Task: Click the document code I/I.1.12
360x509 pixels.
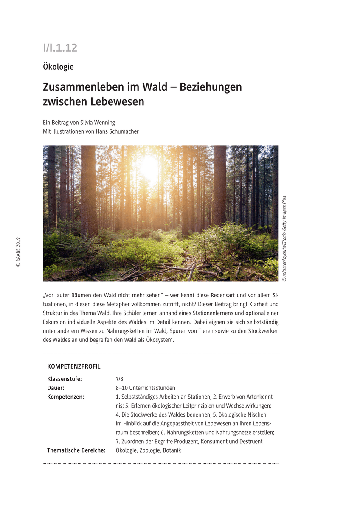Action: pos(60,48)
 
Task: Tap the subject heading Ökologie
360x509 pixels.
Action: pos(58,67)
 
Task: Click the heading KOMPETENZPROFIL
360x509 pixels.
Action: pos(74,366)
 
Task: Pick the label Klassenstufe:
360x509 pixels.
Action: pos(65,379)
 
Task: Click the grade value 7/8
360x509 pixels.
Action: pos(119,379)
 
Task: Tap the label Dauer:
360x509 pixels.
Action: pos(56,388)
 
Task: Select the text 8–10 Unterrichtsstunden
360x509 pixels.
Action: pos(145,388)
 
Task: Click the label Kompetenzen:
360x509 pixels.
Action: pos(65,397)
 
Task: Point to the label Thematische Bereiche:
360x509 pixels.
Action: pos(76,450)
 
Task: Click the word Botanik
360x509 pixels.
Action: pos(172,450)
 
